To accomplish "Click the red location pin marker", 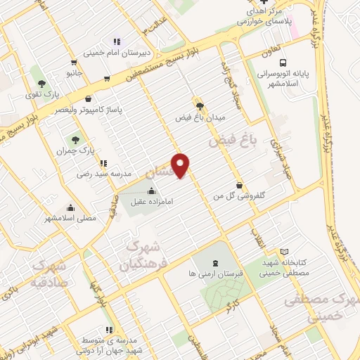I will [x=181, y=165].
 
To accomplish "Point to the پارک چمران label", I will [x=73, y=150].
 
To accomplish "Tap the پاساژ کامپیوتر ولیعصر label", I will [x=89, y=110].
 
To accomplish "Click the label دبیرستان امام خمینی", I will [x=116, y=52].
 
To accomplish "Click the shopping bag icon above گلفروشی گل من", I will [x=240, y=186].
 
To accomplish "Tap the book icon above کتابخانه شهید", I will [x=284, y=251].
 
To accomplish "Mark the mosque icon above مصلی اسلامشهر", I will [x=70, y=207].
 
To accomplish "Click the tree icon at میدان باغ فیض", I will [x=200, y=104].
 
